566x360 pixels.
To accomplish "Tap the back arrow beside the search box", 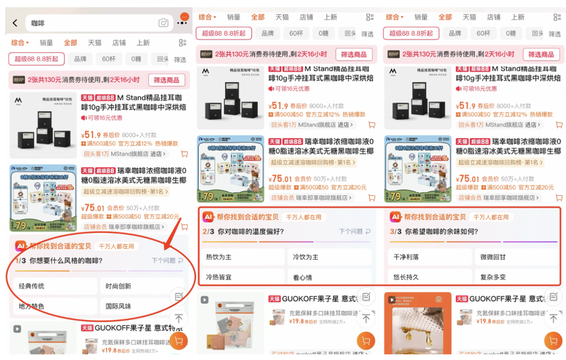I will tap(15, 23).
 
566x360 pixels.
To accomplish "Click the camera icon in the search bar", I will tap(164, 23).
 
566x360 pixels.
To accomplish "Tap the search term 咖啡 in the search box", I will tap(38, 23).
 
